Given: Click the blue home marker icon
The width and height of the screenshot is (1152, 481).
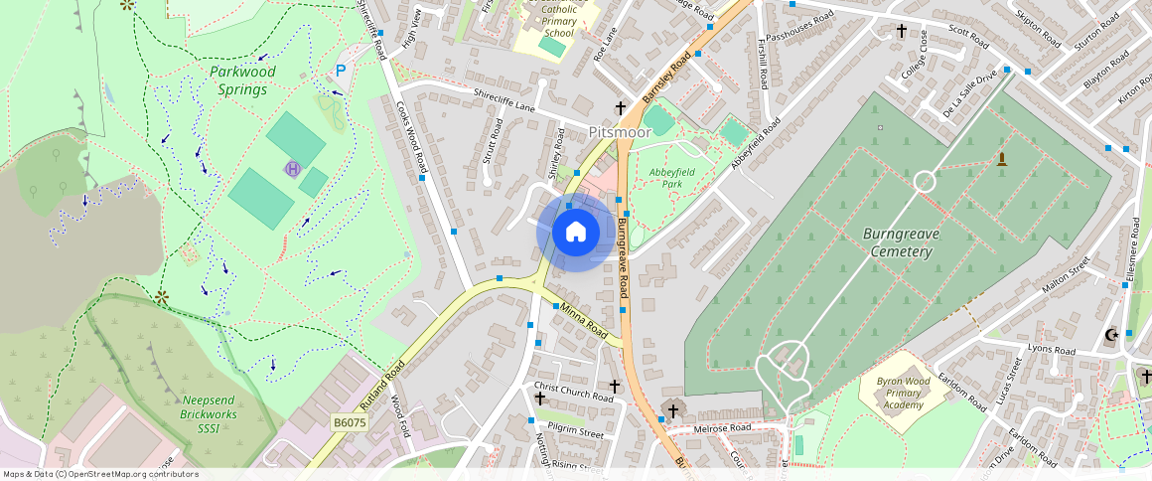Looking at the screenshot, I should [x=575, y=233].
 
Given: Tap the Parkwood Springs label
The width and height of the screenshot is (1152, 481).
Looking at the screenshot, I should [x=242, y=80].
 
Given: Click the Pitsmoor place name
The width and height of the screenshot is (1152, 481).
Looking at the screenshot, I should [x=620, y=131].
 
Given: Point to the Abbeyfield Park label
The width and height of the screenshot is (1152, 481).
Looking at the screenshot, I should [x=665, y=178].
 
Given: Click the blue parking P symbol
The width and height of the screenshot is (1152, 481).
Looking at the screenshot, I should [x=341, y=71].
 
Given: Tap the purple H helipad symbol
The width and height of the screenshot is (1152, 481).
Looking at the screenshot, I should [x=292, y=169].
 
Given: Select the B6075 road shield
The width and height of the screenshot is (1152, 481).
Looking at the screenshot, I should [x=350, y=422].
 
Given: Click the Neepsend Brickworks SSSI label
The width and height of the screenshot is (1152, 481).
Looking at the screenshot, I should [x=208, y=413].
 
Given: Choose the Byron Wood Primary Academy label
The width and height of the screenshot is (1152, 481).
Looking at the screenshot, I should [x=904, y=393].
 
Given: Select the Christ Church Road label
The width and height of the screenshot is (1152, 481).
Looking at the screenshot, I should [x=574, y=391].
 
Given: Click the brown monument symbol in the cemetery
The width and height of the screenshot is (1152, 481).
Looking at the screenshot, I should [x=1001, y=159].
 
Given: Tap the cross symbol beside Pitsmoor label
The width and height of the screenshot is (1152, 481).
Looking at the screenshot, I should [x=620, y=106].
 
